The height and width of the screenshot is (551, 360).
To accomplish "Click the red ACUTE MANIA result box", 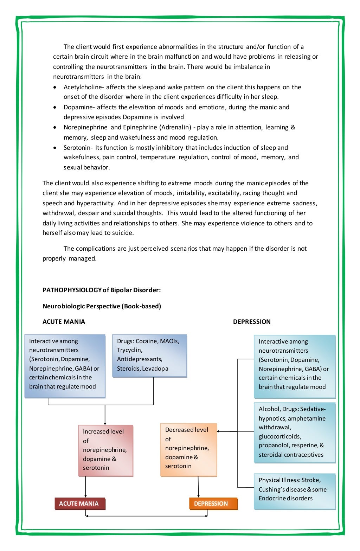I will tap(80, 504).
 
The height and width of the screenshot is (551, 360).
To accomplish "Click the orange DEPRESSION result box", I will tap(213, 504).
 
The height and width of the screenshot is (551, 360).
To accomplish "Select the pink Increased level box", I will tap(105, 450).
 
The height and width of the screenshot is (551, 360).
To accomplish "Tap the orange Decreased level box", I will tap(188, 450).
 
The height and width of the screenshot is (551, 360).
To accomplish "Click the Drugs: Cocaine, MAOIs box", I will tap(149, 355).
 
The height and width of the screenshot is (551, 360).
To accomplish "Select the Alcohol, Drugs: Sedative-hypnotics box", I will tap(295, 432).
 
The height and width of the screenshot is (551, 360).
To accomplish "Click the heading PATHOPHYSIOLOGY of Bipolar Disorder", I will tap(102, 290).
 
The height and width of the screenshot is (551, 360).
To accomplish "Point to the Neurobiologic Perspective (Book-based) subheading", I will tap(102, 306).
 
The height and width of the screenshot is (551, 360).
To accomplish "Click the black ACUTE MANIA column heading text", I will tap(64, 322).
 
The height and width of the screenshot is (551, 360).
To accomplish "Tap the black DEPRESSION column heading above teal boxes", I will tap(252, 322).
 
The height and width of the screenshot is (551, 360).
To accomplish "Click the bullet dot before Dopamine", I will tap(54, 107).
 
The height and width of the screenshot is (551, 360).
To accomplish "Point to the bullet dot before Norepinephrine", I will tap(54, 127).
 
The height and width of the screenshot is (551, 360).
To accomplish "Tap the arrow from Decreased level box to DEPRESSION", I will tap(198, 487).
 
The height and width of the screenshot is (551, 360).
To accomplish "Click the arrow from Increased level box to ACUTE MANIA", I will tap(85, 487).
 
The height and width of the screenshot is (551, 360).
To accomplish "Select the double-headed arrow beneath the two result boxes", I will tap(147, 516).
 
